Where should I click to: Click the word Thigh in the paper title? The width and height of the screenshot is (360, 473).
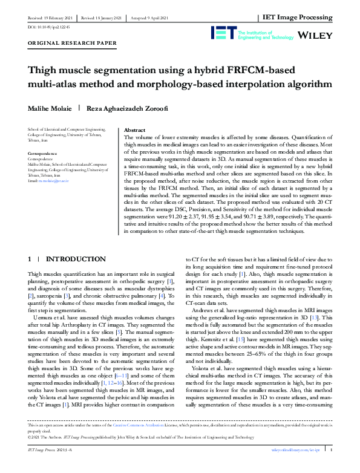click(x=44, y=70)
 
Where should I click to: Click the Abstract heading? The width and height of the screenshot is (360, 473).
click(x=134, y=130)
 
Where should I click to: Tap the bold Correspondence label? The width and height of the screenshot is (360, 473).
click(x=43, y=154)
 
